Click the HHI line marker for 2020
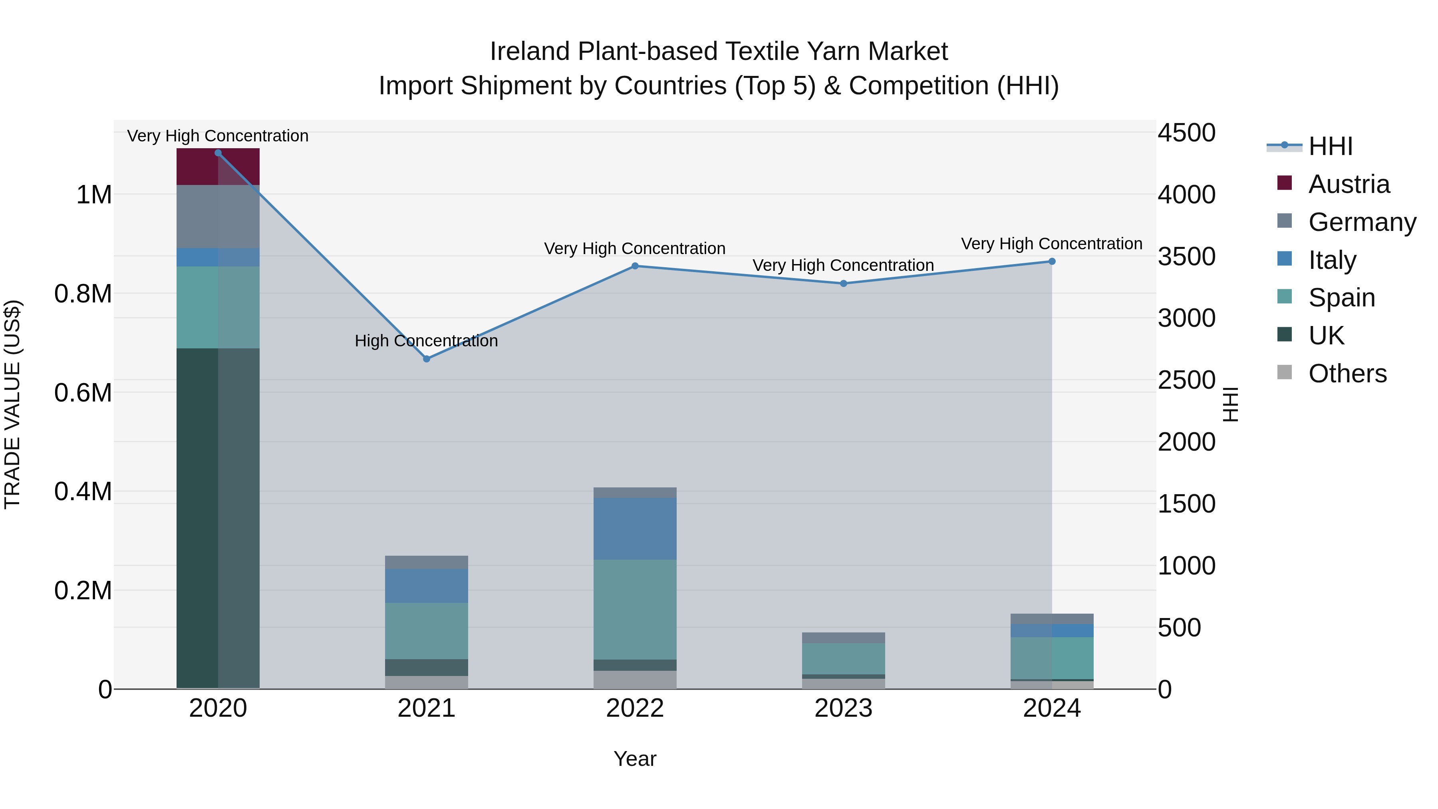(x=218, y=153)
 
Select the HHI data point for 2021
(x=427, y=359)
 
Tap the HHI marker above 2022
(x=635, y=266)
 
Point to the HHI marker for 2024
(x=1052, y=261)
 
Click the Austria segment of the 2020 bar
(x=218, y=166)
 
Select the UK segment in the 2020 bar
(x=218, y=518)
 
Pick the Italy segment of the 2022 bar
(x=635, y=528)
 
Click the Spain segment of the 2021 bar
(x=427, y=630)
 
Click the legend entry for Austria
(x=1348, y=184)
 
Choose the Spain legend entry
(x=1341, y=298)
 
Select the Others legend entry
(x=1347, y=374)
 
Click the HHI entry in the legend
(x=1330, y=146)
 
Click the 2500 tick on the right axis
(x=1186, y=380)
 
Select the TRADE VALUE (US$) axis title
(x=12, y=404)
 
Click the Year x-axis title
(x=635, y=759)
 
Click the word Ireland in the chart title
(x=530, y=52)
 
